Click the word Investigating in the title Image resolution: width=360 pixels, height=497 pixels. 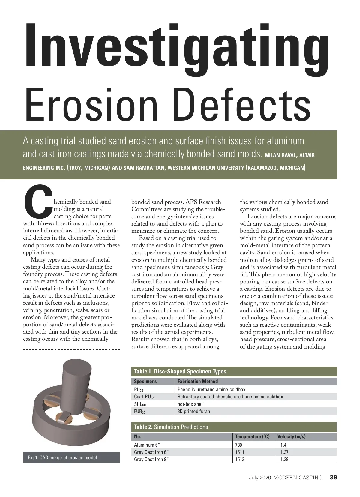pyautogui.click(x=177, y=46)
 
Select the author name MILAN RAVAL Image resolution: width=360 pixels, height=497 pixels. pyautogui.click(x=281, y=155)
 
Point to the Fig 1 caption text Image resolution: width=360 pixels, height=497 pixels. pyautogui.click(x=63, y=457)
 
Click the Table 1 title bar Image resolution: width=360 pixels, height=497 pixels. pyautogui.click(x=234, y=371)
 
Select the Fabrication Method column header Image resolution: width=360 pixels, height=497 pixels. pyautogui.click(x=197, y=381)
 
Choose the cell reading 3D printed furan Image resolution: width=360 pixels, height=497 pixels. pyautogui.click(x=194, y=411)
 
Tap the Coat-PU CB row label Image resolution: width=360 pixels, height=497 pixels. pyautogui.click(x=144, y=397)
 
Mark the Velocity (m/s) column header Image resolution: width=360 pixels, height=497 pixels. pyautogui.click(x=291, y=436)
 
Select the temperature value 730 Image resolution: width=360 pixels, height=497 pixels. pyautogui.click(x=238, y=445)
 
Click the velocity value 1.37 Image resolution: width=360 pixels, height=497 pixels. pyautogui.click(x=284, y=452)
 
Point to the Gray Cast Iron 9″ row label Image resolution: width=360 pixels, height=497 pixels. pyautogui.click(x=151, y=459)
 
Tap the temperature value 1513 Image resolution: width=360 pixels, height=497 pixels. pyautogui.click(x=240, y=459)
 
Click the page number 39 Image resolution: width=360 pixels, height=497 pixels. pyautogui.click(x=333, y=478)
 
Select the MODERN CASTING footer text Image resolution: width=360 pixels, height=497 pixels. pyautogui.click(x=298, y=478)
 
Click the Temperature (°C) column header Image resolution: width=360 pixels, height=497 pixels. pyautogui.click(x=252, y=436)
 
